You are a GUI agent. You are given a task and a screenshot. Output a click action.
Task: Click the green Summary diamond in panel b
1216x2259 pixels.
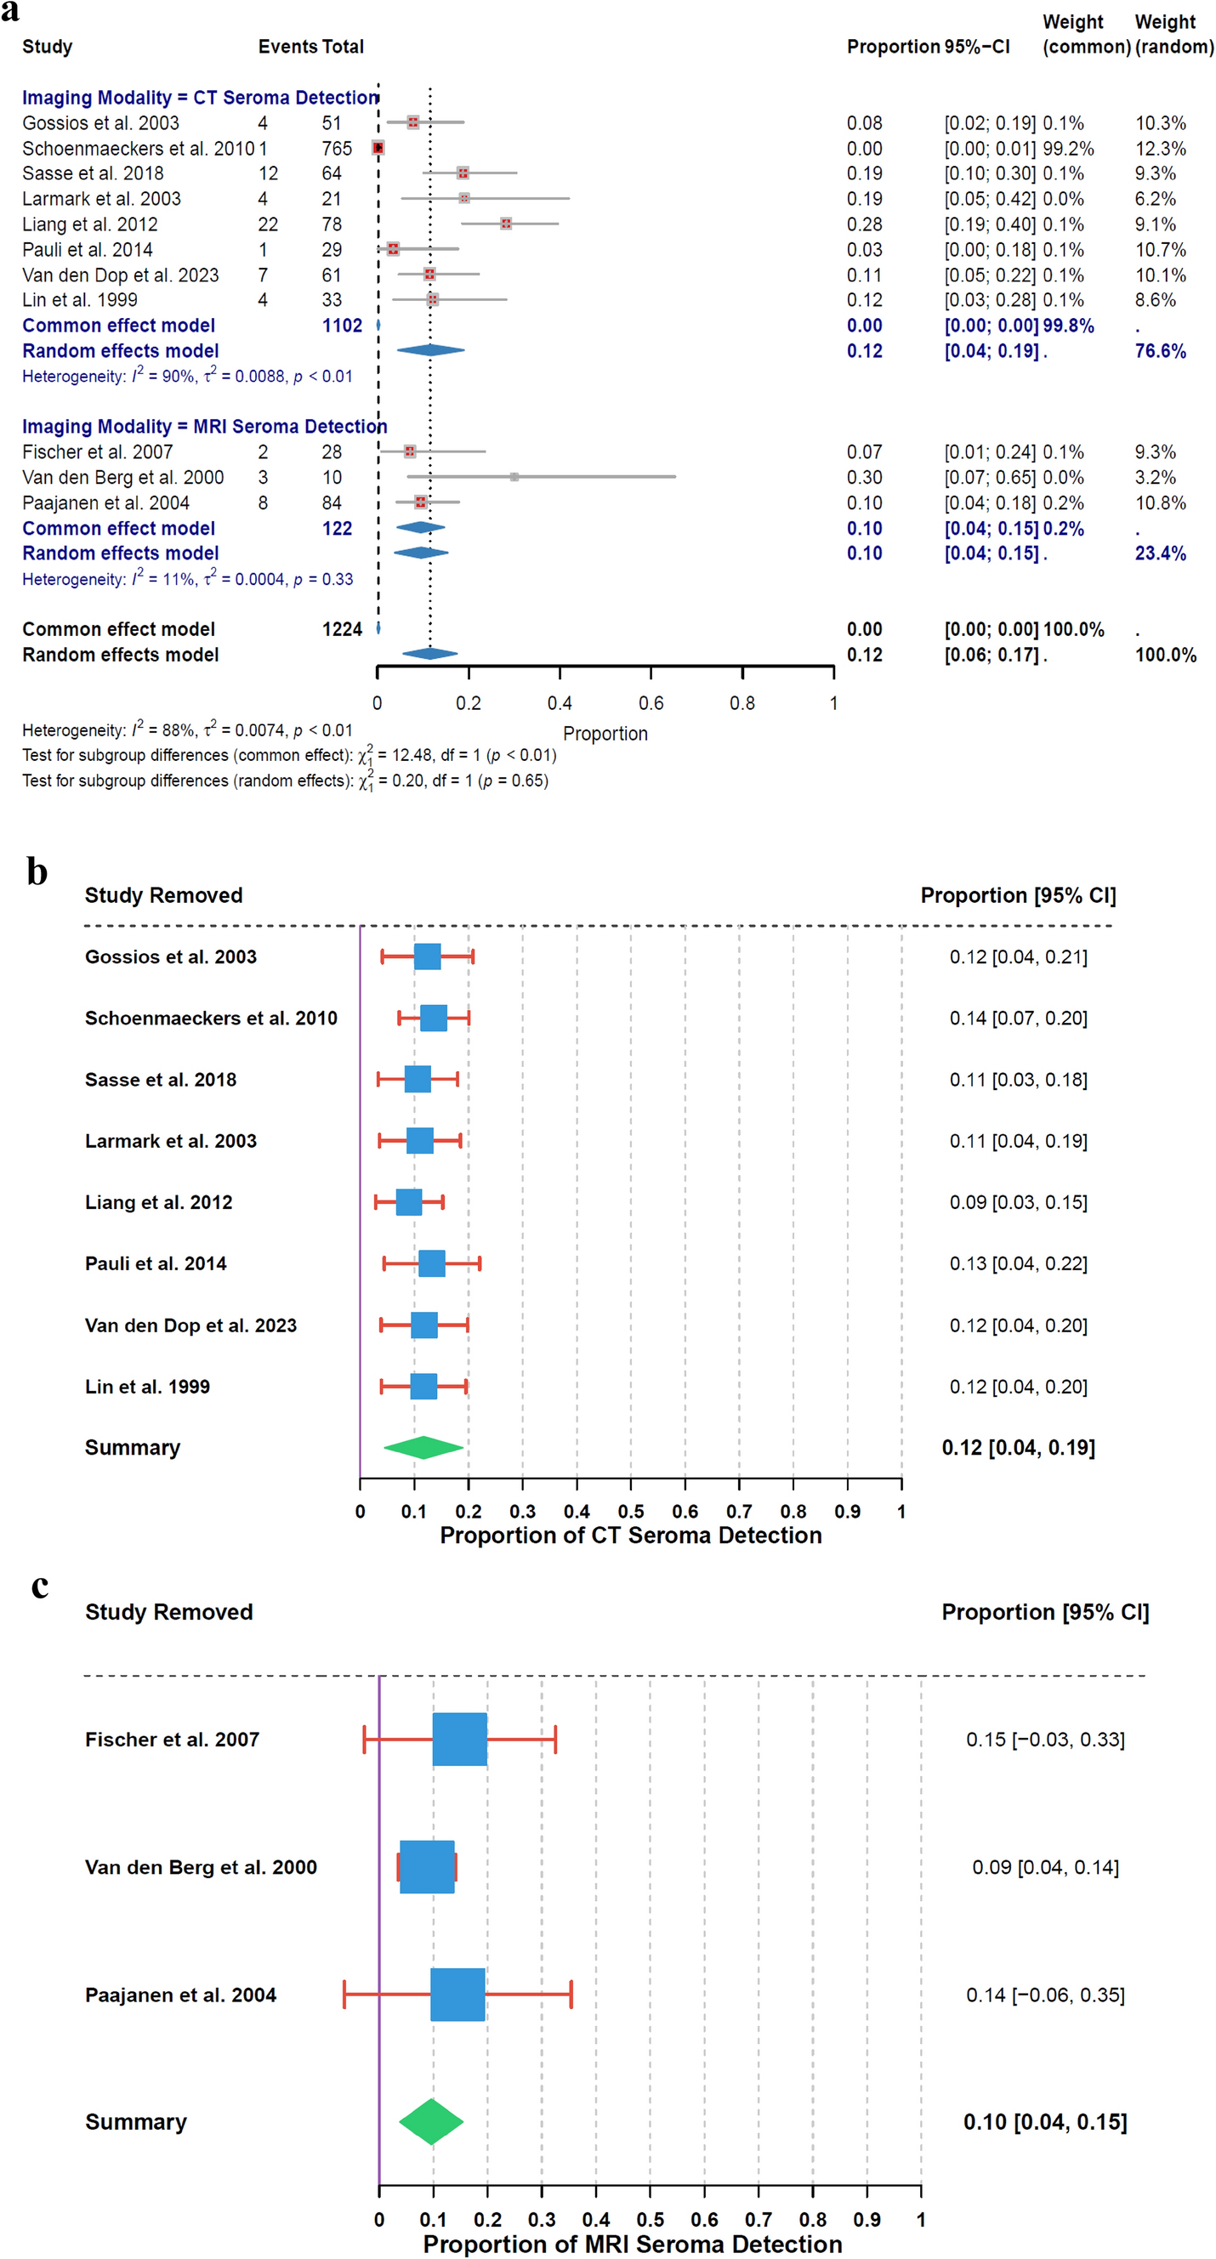423,1447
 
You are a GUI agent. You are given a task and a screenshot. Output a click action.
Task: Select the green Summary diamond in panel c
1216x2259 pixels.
431,2121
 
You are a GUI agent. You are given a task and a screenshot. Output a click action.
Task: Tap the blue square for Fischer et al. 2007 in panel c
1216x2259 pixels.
459,1739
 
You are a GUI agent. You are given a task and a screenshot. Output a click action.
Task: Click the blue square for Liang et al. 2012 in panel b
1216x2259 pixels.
409,1201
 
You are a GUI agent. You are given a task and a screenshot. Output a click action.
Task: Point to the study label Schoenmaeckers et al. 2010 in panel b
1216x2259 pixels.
211,1019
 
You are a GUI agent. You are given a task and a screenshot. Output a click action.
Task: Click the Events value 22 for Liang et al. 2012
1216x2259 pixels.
268,224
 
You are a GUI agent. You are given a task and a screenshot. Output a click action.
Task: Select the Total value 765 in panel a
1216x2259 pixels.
336,148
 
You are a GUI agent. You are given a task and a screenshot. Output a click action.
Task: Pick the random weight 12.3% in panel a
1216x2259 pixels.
1160,148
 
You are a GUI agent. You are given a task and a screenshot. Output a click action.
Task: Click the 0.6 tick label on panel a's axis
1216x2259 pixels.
651,703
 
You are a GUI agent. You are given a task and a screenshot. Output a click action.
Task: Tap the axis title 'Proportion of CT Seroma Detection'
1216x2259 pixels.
630,1535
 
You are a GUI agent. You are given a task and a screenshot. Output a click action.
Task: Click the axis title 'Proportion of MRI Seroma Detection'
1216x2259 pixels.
632,2244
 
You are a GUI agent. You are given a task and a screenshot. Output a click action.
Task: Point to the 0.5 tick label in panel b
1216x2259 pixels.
630,1511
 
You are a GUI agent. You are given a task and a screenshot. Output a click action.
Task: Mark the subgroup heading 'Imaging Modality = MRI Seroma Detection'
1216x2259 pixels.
204,426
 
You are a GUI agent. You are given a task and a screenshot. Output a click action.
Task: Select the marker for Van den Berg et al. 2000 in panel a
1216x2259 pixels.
514,477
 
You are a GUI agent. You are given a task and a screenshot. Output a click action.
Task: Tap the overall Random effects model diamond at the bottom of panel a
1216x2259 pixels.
430,653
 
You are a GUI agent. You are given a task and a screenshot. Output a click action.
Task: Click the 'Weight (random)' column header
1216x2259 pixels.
1172,34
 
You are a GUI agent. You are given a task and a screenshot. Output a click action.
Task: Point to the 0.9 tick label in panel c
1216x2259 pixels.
866,2220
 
